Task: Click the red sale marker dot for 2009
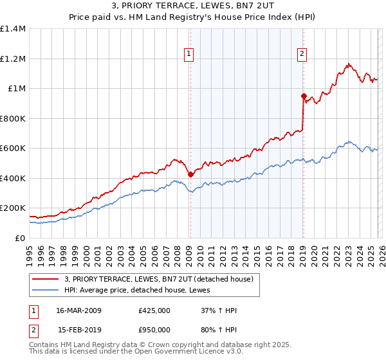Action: click(x=190, y=174)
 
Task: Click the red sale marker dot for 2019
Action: click(x=303, y=96)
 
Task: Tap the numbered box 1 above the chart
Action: click(x=189, y=55)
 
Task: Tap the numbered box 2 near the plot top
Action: click(x=302, y=55)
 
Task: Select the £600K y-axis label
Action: click(x=13, y=148)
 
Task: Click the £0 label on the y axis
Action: click(x=19, y=238)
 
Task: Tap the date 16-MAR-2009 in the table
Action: click(x=75, y=310)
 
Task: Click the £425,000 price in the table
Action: click(x=154, y=310)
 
